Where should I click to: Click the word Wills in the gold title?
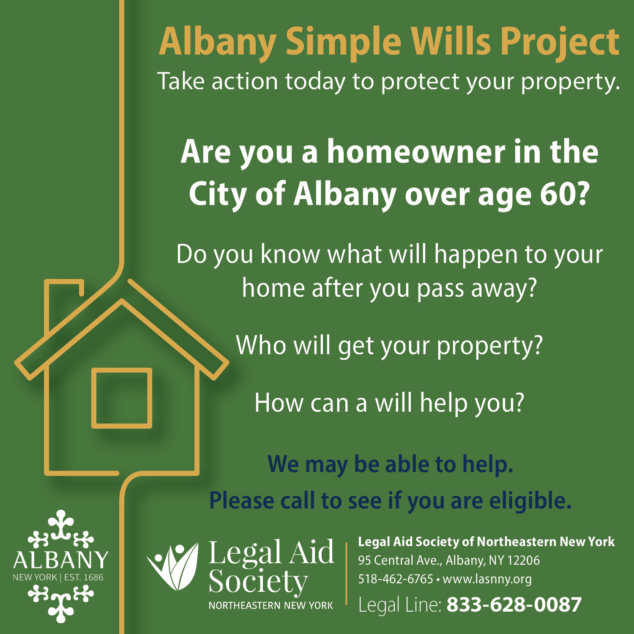[x=451, y=41]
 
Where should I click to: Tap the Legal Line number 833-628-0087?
[x=514, y=604]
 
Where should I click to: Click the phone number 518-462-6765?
[x=396, y=579]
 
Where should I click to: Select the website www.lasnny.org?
[x=487, y=579]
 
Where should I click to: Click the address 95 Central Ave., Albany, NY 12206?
[x=449, y=560]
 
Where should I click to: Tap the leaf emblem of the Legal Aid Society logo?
[x=173, y=566]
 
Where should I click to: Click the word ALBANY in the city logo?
[x=60, y=560]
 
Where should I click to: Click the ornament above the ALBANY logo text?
[x=61, y=529]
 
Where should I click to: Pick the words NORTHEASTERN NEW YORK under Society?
[x=271, y=605]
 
